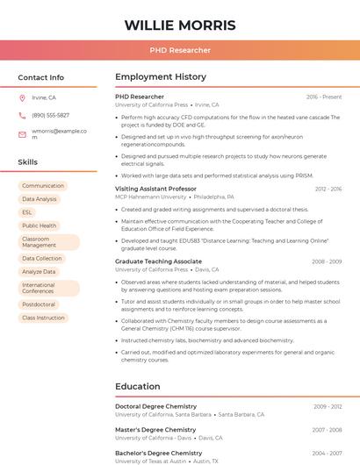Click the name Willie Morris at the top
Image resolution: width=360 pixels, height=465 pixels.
180,25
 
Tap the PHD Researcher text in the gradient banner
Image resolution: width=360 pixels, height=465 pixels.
180,50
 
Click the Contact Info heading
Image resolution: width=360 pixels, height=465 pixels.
41,77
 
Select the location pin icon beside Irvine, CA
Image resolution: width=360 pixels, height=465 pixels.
23,97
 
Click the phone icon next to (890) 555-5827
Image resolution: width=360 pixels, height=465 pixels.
23,115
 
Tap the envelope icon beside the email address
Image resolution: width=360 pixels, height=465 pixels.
23,134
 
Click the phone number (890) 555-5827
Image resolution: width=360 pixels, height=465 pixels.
50,115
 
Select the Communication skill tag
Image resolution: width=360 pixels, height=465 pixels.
43,186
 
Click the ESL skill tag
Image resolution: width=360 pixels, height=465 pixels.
27,212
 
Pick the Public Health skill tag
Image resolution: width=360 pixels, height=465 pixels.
40,225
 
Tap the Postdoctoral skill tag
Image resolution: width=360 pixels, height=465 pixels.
39,304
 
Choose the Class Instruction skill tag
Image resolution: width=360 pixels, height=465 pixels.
43,318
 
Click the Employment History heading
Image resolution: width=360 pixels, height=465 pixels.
161,77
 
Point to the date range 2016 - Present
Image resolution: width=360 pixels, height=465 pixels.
324,97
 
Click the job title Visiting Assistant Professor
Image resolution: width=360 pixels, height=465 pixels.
155,189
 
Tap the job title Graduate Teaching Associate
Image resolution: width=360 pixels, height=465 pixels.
158,261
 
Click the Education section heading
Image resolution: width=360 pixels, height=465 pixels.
137,386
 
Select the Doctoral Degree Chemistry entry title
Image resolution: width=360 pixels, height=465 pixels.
155,406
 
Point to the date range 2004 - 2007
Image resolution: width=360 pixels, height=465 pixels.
326,453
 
